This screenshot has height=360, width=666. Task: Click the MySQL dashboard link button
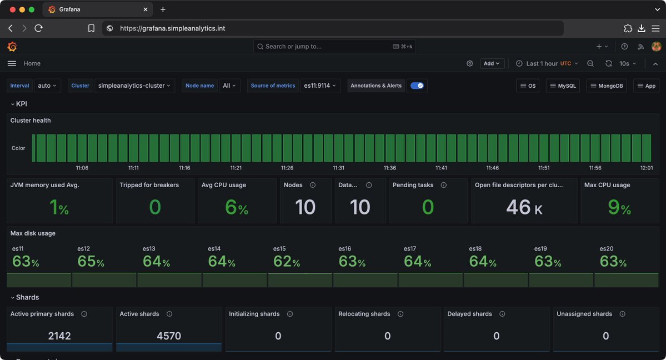562,86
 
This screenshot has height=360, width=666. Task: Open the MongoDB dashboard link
607,86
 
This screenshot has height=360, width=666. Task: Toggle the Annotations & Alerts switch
417,86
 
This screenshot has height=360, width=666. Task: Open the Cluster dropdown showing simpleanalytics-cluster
135,86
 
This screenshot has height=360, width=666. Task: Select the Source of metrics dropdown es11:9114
320,86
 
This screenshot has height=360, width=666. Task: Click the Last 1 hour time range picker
547,63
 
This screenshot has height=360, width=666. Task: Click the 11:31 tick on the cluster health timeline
338,168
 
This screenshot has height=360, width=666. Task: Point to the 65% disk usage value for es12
91,261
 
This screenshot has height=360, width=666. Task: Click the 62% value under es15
287,261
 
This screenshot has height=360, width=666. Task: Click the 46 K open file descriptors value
524,207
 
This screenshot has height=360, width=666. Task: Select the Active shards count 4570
169,336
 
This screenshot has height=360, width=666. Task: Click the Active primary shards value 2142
59,336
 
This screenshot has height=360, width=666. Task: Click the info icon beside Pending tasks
443,185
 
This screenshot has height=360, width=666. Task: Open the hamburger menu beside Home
12,63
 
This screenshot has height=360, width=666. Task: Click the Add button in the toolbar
492,63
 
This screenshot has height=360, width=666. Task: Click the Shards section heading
27,297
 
